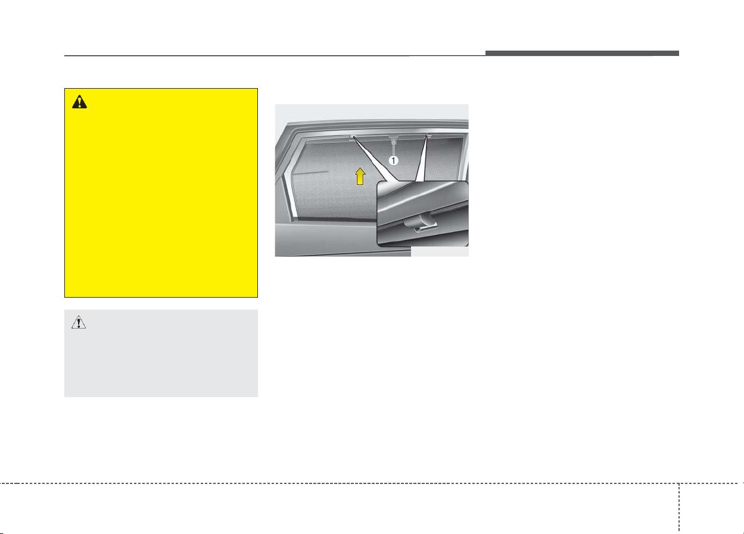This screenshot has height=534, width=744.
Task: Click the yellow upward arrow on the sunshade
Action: (360, 176)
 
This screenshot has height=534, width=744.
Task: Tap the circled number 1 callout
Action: (393, 161)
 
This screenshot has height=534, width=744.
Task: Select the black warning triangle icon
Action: (79, 102)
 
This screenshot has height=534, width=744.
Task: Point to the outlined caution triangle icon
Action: (79, 322)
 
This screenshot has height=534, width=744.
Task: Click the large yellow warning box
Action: (161, 193)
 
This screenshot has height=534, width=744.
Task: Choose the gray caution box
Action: (161, 353)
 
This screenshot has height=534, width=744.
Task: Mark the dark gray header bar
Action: (582, 53)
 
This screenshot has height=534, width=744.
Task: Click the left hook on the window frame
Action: (352, 137)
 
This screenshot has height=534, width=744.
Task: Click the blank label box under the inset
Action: (440, 252)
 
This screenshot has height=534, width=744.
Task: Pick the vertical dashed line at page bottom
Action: (679, 508)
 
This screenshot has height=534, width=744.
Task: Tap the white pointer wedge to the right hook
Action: (422, 160)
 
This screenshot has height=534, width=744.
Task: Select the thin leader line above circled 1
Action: (394, 148)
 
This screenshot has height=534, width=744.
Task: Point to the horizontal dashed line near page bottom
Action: (372, 483)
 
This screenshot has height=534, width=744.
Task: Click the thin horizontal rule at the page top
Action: (275, 56)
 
